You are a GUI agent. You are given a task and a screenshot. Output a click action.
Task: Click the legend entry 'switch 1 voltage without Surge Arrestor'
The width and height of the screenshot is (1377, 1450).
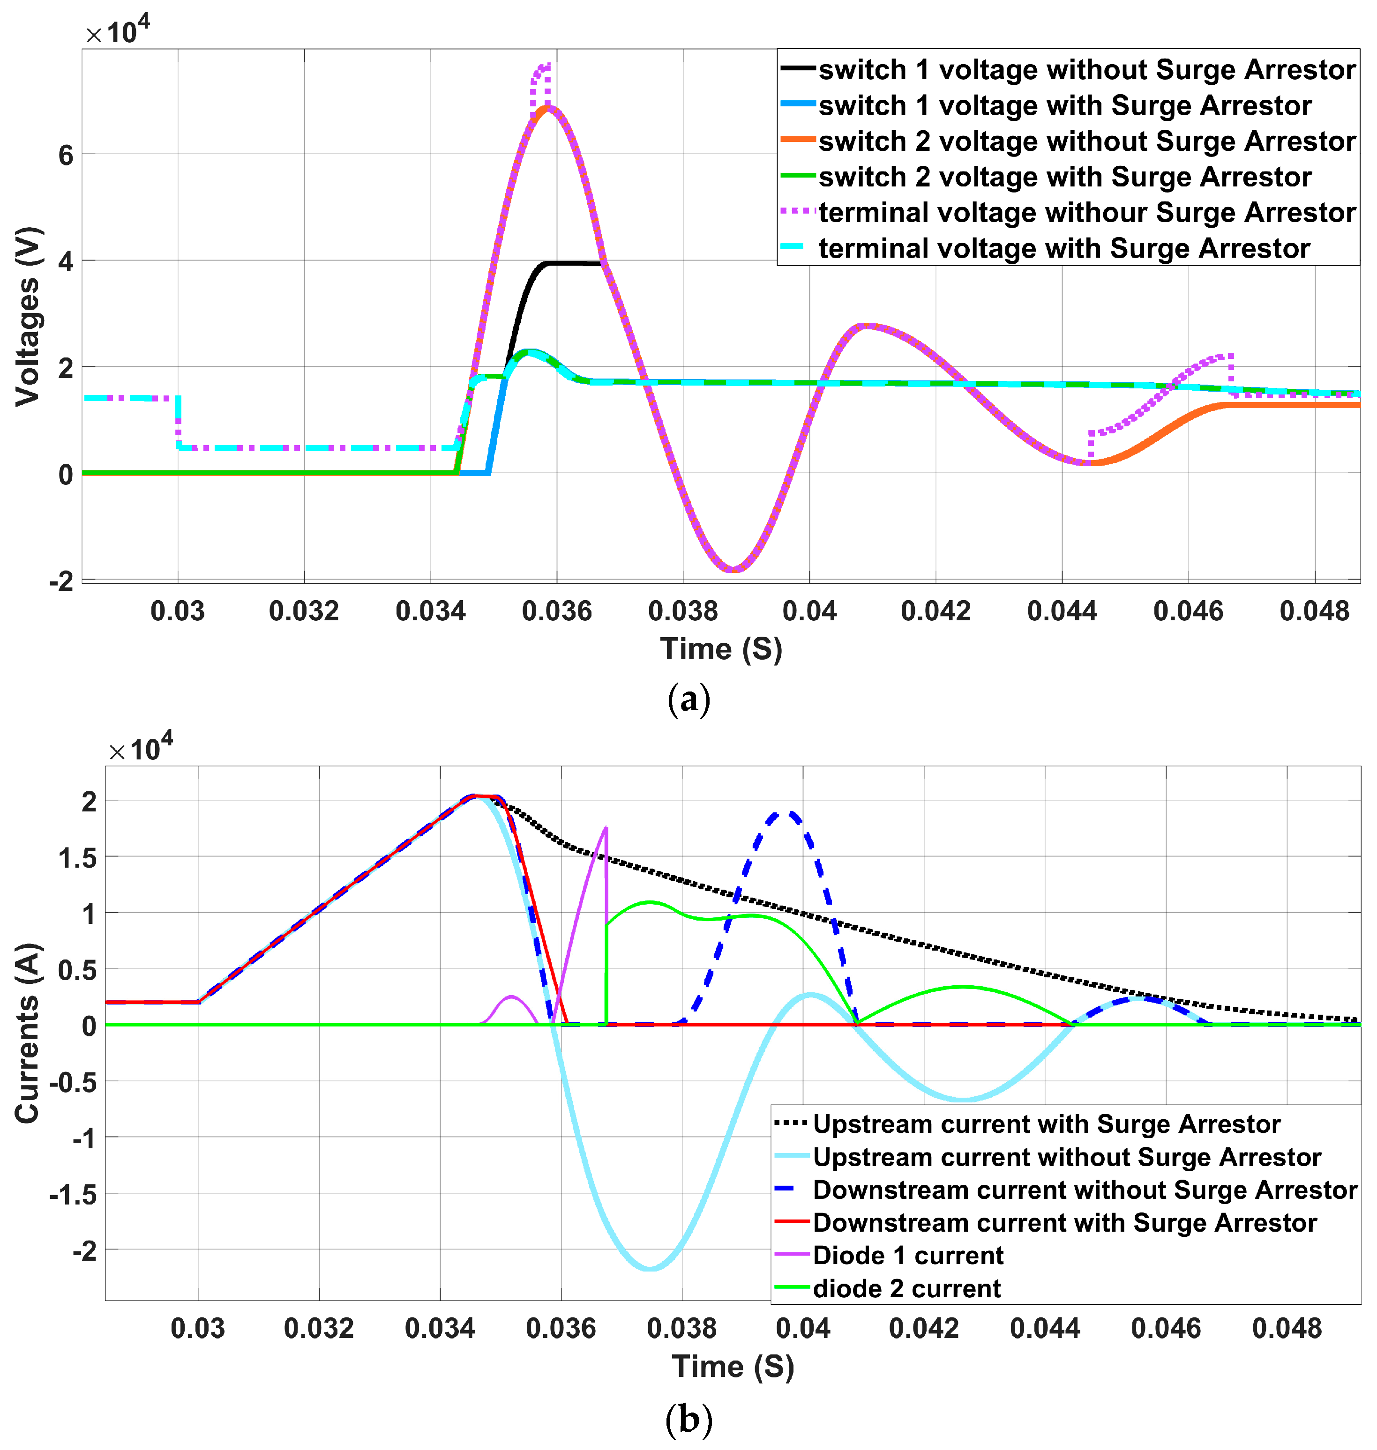point(1086,70)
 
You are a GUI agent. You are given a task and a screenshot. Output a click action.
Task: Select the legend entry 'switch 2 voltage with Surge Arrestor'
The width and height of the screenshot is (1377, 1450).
point(1064,177)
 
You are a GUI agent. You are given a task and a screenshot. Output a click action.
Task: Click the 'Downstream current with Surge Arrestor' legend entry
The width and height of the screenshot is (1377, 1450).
point(1064,1222)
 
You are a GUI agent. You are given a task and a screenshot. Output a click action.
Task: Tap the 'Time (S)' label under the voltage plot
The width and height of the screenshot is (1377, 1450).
point(721,649)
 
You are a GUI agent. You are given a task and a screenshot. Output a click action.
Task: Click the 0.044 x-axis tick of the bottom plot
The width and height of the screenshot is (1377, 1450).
point(1045,1328)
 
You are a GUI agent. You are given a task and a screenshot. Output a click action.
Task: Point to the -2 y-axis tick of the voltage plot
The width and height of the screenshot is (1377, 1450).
point(62,581)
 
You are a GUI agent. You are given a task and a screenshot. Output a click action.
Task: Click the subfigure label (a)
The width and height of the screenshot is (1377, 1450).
point(688,699)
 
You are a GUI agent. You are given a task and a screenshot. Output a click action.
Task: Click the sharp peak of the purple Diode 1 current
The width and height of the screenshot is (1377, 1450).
point(606,828)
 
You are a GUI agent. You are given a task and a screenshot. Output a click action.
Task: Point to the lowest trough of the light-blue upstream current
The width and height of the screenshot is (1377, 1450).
point(651,1269)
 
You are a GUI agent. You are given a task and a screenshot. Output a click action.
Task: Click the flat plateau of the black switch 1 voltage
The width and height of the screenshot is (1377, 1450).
point(573,263)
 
